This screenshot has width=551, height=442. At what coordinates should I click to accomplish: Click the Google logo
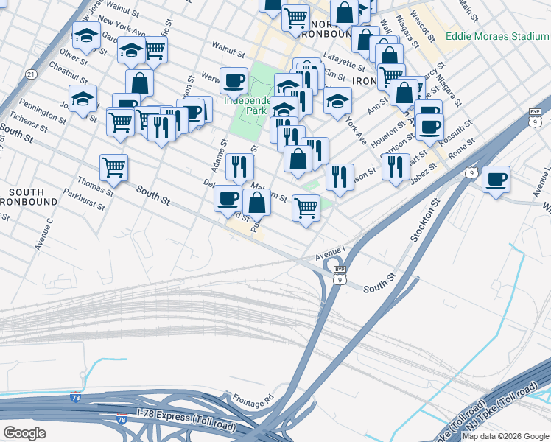tap(24, 432)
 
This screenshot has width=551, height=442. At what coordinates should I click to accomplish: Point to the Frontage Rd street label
tap(251, 397)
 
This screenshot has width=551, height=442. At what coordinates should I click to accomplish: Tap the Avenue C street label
tap(43, 234)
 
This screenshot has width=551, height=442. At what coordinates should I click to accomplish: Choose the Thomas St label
tap(96, 181)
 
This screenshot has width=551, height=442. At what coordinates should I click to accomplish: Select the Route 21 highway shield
tap(30, 74)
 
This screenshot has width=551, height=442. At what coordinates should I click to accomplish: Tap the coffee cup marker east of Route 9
tap(496, 179)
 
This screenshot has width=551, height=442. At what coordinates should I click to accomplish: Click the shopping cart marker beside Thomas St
tap(113, 168)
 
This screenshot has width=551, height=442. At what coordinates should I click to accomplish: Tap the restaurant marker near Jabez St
tap(396, 167)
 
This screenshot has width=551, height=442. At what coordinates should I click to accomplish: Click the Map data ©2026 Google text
tap(505, 436)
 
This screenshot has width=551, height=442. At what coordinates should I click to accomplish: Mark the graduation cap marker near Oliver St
tap(86, 35)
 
